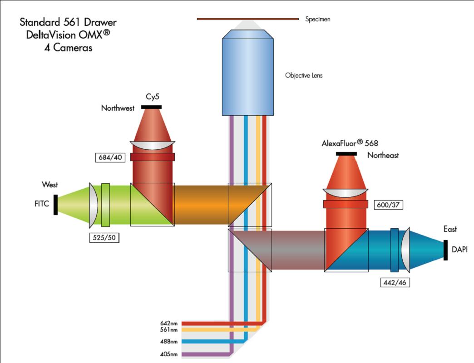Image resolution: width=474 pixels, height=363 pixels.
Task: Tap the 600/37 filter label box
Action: (x=389, y=205)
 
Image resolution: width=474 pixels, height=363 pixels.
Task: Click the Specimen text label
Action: (x=318, y=20)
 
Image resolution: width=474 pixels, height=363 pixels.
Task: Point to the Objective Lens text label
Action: (x=304, y=75)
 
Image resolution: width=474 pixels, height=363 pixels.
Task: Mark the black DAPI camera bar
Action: (x=445, y=250)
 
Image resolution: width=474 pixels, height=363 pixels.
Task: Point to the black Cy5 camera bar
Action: (x=151, y=107)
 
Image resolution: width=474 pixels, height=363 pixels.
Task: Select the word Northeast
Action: (x=383, y=155)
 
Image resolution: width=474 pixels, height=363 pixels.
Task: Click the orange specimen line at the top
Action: (x=247, y=19)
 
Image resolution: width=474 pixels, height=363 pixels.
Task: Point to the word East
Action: (x=450, y=230)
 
